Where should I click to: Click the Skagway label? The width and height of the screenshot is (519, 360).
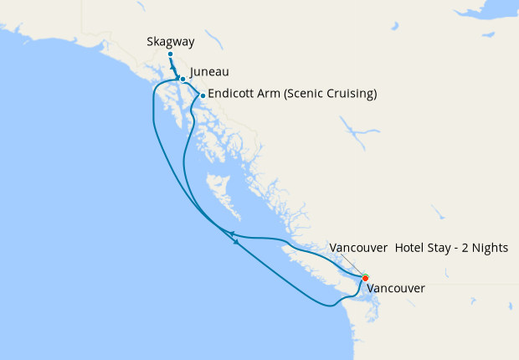(170, 41)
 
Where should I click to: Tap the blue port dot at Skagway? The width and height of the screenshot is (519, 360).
(170, 55)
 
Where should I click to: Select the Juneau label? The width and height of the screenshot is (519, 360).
(209, 72)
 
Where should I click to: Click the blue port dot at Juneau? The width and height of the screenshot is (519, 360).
(182, 80)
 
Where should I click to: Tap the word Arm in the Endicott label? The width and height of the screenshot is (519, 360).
(270, 93)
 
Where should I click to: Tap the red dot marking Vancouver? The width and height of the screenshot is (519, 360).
(365, 278)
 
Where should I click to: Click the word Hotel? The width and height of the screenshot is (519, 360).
(410, 249)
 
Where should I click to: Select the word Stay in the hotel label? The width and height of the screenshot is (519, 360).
(444, 249)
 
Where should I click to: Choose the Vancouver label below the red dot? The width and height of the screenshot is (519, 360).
(396, 288)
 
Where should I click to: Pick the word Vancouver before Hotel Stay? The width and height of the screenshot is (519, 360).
(358, 249)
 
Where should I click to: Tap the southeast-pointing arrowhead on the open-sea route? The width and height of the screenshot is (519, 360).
(238, 243)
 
